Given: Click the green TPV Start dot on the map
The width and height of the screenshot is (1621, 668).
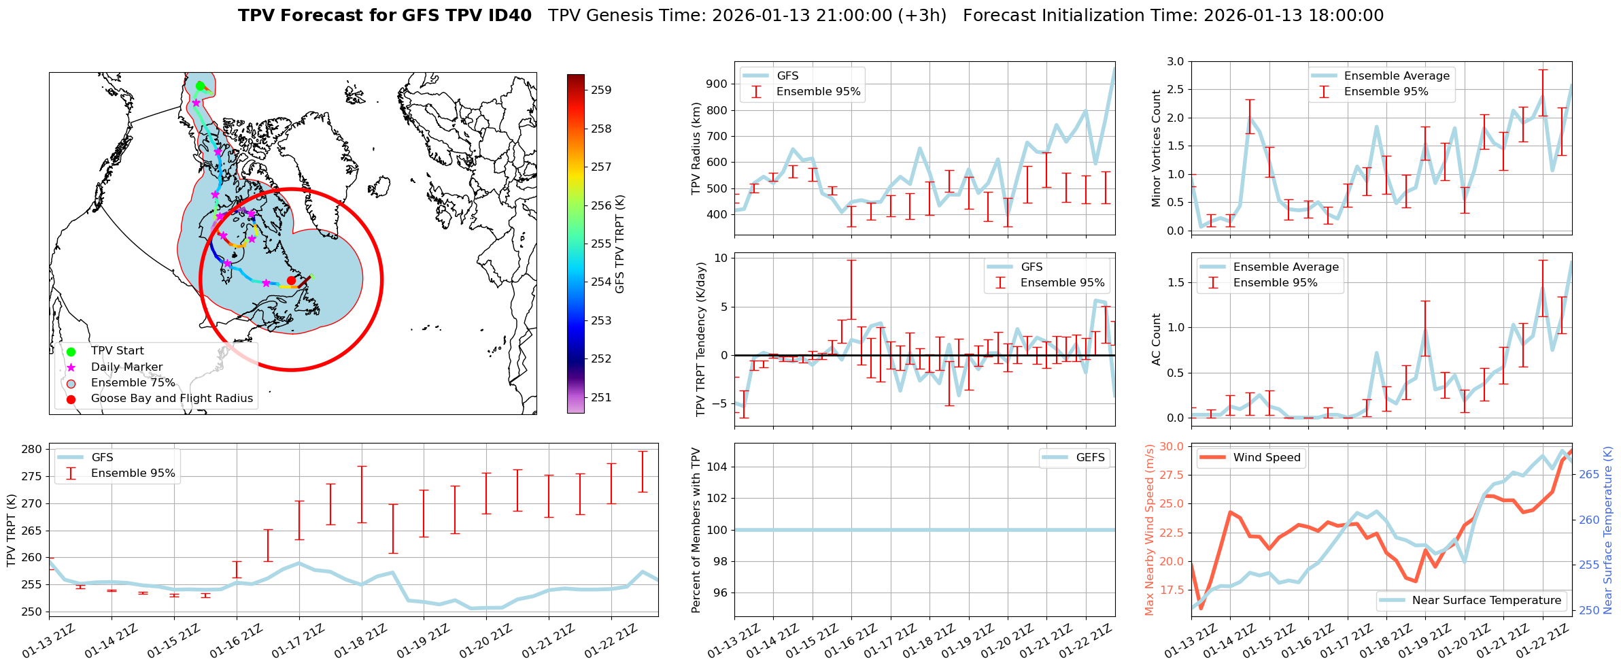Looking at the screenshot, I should point(200,86).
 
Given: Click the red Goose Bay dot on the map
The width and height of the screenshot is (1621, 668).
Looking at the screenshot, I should point(291,280).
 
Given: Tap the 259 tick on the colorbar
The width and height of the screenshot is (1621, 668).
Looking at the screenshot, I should point(600,90).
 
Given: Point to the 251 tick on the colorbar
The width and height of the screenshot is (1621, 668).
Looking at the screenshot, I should point(600,397).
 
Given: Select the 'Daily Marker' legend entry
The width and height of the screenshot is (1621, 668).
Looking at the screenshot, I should point(126,367).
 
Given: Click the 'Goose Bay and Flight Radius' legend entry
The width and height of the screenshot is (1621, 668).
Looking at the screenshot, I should point(171,399).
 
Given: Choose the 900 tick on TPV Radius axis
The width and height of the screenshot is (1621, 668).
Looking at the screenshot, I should point(718,84).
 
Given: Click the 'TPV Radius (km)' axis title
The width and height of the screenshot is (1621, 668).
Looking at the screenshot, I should point(696,148).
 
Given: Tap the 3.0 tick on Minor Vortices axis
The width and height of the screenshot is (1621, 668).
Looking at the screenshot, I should point(1175,62).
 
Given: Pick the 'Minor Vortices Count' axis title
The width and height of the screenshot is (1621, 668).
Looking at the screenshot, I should point(1157,148).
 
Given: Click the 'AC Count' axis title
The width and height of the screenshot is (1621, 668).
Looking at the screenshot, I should point(1157,339).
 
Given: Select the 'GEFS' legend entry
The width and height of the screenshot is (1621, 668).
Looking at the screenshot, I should point(1090,458).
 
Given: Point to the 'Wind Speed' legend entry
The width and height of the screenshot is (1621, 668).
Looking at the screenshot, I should point(1267,458).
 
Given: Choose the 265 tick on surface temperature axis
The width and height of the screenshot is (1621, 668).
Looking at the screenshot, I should point(1588,474).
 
